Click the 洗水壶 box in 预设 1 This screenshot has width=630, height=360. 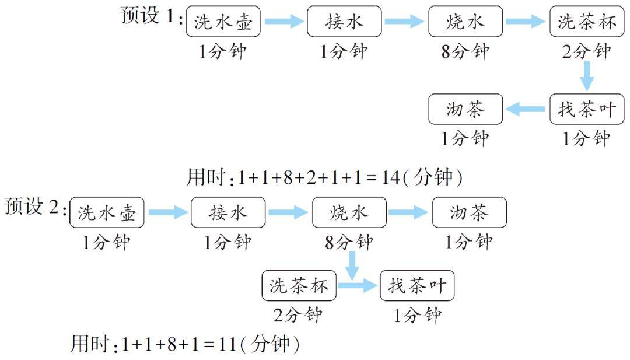tap(223, 22)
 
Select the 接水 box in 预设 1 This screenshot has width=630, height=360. tap(344, 22)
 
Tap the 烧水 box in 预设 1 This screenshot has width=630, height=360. tap(465, 22)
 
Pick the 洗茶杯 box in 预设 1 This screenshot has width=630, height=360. tap(587, 22)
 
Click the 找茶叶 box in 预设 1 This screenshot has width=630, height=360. tap(587, 109)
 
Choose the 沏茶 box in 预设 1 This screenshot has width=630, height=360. tap(465, 109)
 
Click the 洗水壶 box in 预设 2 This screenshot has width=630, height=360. tap(107, 212)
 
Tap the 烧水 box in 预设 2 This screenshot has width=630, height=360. tap(349, 212)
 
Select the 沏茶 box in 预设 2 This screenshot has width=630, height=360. tap(469, 212)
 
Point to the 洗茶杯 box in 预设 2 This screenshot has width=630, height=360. tap(299, 285)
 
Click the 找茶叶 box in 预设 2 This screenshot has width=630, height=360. tap(416, 285)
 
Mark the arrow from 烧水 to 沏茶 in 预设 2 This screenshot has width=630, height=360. tap(408, 212)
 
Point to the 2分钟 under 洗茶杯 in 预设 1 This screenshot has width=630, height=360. tap(587, 51)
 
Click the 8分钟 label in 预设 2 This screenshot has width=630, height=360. tap(349, 242)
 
